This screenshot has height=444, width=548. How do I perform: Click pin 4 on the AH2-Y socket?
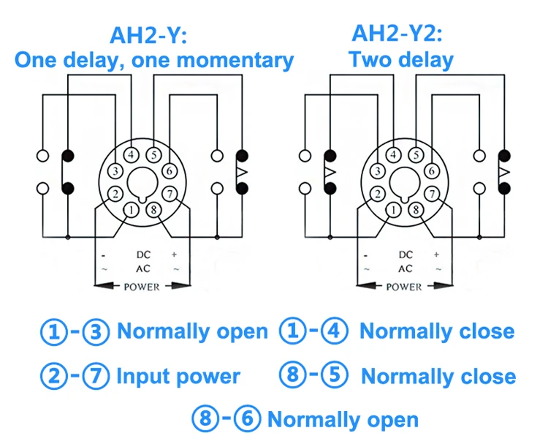[x=132, y=154]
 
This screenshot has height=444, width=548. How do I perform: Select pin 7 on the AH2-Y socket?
[x=170, y=194]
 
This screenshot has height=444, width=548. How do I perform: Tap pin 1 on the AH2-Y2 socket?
[x=394, y=210]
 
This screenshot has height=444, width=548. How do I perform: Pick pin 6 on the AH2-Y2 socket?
[x=432, y=171]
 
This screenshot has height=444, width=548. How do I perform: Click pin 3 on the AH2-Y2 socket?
[x=378, y=171]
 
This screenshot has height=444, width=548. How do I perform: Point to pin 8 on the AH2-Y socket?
[x=153, y=210]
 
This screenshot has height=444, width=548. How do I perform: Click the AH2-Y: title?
[x=148, y=35]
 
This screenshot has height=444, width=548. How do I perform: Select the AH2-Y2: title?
[x=397, y=34]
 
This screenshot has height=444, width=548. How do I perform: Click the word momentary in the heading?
[x=235, y=60]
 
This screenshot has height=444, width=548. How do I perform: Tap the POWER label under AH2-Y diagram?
[x=142, y=287]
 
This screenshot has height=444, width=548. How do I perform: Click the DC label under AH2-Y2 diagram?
[x=406, y=255]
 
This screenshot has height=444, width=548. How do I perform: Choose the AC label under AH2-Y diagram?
[x=143, y=268]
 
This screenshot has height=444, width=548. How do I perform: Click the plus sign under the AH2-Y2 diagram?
[x=436, y=255]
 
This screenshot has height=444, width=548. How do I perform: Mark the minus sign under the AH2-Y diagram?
[x=103, y=256]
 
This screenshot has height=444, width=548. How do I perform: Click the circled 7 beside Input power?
[x=96, y=376]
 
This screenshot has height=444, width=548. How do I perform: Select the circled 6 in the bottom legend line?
[x=247, y=419]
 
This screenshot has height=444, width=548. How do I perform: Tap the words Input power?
[x=178, y=377]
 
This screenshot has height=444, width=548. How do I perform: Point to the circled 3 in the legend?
[x=96, y=331]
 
